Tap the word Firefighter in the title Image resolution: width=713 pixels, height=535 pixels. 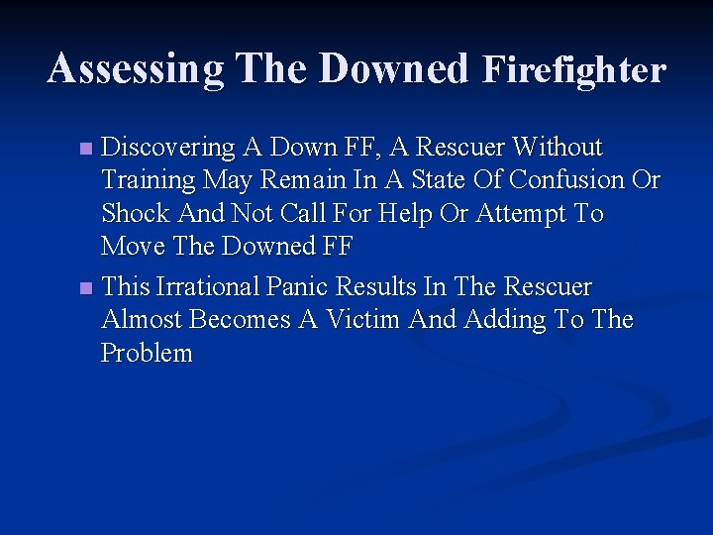coord(573,69)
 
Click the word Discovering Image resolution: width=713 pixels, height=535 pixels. coord(169,149)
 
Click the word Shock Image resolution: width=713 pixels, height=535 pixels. coord(136,214)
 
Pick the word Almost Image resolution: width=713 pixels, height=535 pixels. coord(142,320)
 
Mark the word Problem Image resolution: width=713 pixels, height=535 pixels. coord(148,354)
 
